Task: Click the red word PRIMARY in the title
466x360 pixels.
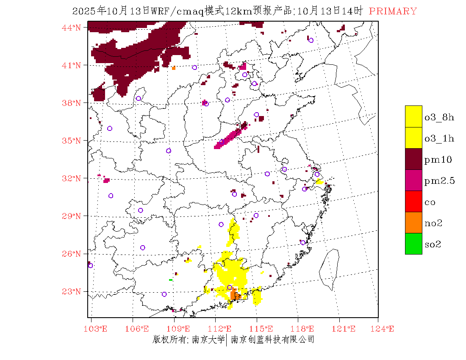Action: tap(393, 11)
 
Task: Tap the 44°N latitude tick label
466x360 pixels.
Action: tap(72, 28)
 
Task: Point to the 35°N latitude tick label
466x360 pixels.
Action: tap(72, 141)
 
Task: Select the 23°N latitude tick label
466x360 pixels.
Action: tap(72, 291)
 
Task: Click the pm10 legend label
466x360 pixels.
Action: tap(438, 159)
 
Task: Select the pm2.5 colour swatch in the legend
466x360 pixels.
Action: tap(413, 180)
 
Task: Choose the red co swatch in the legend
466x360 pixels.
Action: tap(413, 201)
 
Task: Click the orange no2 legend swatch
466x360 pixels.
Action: tap(413, 222)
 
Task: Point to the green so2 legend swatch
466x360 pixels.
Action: tap(413, 244)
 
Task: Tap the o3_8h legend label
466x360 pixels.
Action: tap(439, 117)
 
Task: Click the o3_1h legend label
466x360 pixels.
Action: tap(439, 138)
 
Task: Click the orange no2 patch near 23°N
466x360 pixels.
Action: tap(234, 295)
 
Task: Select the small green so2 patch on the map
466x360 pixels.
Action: tap(171, 280)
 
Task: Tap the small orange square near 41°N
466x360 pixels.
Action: tap(174, 68)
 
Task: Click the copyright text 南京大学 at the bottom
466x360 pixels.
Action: tap(208, 340)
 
